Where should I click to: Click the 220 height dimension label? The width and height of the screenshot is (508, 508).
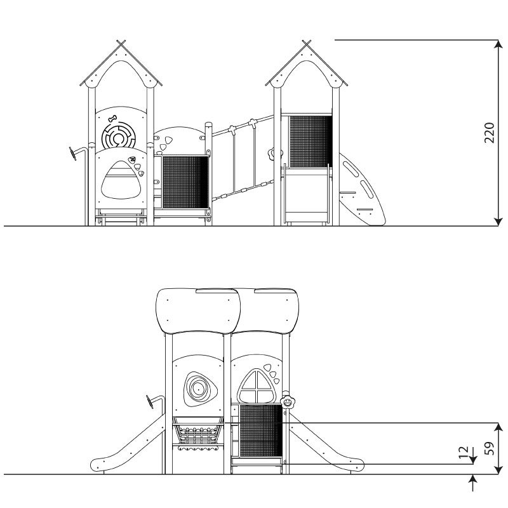pyautogui.click(x=490, y=133)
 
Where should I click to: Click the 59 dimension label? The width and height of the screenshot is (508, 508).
pyautogui.click(x=490, y=448)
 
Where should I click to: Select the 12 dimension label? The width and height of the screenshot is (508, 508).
pyautogui.click(x=464, y=451)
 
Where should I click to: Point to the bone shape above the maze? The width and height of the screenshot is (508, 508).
pyautogui.click(x=112, y=119)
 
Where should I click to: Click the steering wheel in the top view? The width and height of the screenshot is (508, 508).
pyautogui.click(x=73, y=153)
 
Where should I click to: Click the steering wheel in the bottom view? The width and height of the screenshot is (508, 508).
pyautogui.click(x=150, y=402)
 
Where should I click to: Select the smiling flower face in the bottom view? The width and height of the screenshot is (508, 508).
pyautogui.click(x=287, y=403)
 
